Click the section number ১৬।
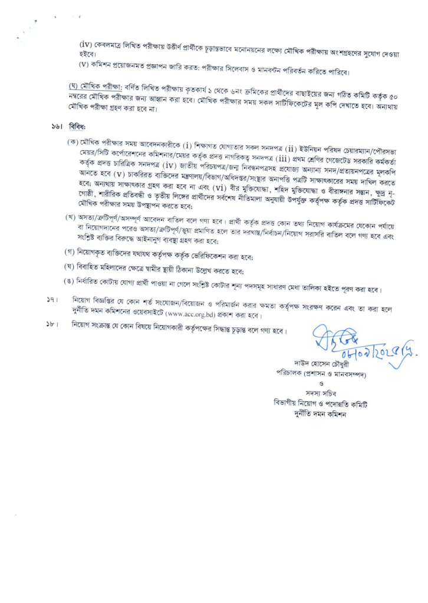[57, 126]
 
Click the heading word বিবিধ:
[77, 126]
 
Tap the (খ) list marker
[71, 220]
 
